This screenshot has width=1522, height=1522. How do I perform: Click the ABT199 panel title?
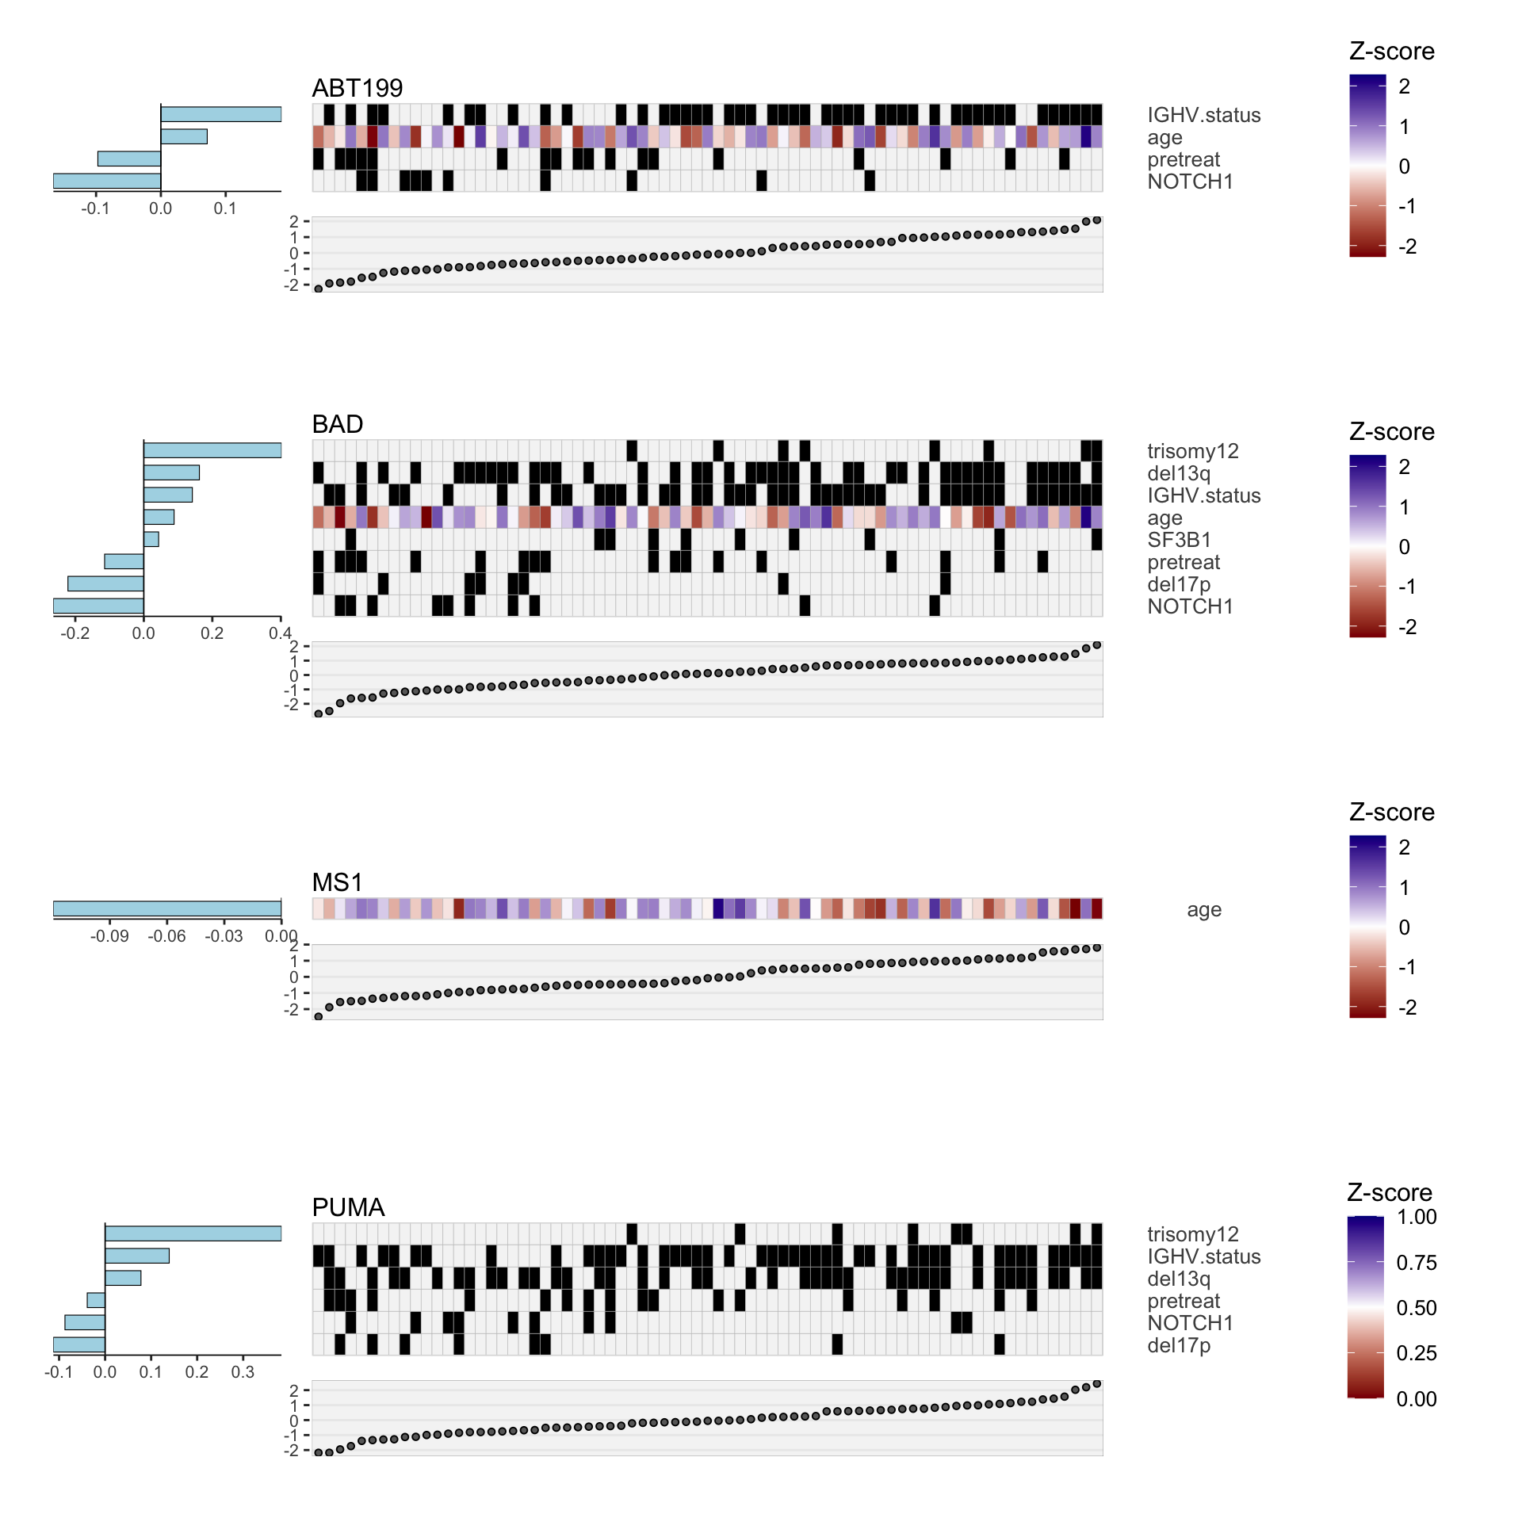click(357, 88)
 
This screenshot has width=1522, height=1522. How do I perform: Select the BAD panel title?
click(337, 424)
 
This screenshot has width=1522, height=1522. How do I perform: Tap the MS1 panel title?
click(337, 882)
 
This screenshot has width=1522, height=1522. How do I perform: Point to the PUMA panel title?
click(348, 1207)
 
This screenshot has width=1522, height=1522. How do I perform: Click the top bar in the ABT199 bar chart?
click(220, 114)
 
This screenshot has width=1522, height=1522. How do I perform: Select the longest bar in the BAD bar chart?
click(212, 450)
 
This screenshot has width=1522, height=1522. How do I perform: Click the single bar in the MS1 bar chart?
click(166, 908)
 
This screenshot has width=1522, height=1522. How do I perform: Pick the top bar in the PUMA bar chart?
click(193, 1233)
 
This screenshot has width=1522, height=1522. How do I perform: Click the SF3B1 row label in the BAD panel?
click(1179, 540)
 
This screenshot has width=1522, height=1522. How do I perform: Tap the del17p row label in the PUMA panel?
click(1179, 1345)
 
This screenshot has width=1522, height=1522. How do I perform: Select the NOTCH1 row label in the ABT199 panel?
click(1190, 182)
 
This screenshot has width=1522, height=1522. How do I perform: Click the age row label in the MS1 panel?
click(1203, 909)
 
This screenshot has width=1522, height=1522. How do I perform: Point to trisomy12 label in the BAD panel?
click(1192, 451)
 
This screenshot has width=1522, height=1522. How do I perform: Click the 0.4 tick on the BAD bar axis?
click(280, 633)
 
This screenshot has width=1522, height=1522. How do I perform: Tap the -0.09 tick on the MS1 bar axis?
click(109, 936)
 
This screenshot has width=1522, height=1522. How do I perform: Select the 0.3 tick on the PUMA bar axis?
click(243, 1372)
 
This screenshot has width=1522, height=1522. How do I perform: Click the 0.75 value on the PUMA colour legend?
click(1416, 1263)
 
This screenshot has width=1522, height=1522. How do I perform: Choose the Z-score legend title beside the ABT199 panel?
click(1391, 52)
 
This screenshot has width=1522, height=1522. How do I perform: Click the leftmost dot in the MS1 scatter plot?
click(319, 1016)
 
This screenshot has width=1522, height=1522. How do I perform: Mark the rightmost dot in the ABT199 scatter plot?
click(1097, 220)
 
